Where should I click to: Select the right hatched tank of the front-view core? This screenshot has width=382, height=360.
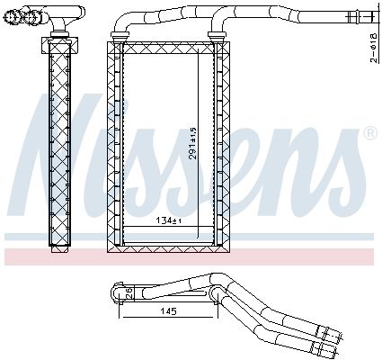219,144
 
